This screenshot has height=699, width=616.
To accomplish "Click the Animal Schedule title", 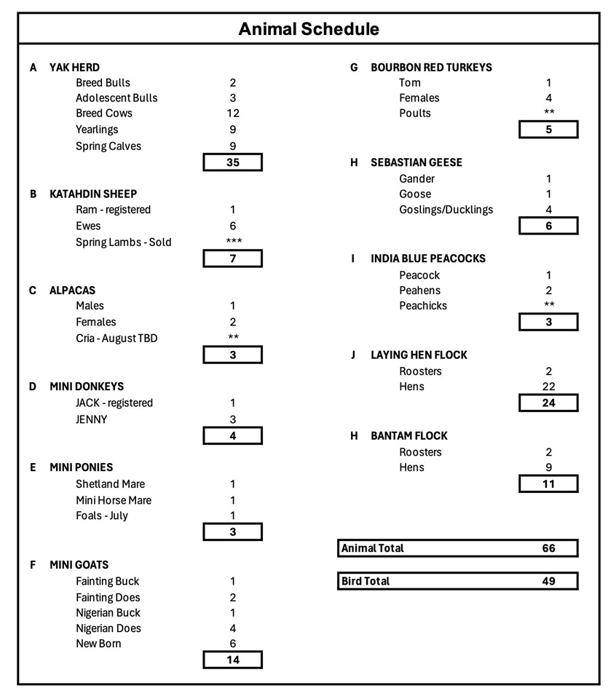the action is coord(309,29).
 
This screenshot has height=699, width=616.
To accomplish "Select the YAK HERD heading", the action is coord(74,67).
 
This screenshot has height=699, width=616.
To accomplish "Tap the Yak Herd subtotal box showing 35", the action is coord(233,162).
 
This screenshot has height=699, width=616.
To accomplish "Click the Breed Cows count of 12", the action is coord(233,114).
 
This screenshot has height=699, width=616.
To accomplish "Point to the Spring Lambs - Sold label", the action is coord(124,242).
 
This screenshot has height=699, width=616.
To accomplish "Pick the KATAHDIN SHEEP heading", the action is coord(93,194).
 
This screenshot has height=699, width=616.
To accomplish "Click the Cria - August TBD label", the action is coord(117,339).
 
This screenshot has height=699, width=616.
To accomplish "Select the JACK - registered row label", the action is coord(114,403).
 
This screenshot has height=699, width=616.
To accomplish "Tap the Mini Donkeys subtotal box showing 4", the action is coord(233,435).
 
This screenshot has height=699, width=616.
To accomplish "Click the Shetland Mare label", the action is coord(110,484).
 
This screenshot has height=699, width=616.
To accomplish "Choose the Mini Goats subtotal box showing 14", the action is coord(233,660).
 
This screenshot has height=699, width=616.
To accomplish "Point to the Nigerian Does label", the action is coord(108,628).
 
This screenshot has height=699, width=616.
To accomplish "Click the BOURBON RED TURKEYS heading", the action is coord(431,67).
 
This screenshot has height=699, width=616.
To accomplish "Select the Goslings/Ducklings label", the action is coord(446,210).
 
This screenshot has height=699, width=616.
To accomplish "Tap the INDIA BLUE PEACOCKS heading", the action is coord(428,258).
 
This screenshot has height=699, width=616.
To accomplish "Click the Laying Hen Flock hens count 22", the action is coord(549,387).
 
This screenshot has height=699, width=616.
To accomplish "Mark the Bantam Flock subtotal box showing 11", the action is coord(549,483).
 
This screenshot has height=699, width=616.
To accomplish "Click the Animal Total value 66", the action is coord(549,548).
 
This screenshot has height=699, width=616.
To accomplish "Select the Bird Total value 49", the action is coord(549,581).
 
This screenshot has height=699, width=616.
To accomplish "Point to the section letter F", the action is coord(33,565).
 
